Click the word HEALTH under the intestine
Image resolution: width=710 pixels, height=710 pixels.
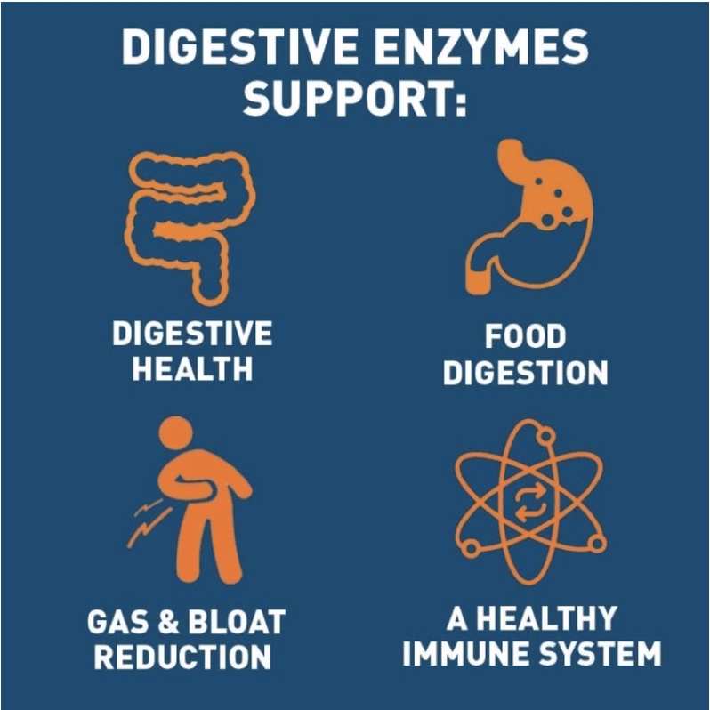pos(191,369)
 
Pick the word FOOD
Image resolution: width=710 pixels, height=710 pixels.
pos(525,337)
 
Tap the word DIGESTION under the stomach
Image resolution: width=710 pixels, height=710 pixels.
pos(525,373)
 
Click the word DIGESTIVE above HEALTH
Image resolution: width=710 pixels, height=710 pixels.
pos(191,335)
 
